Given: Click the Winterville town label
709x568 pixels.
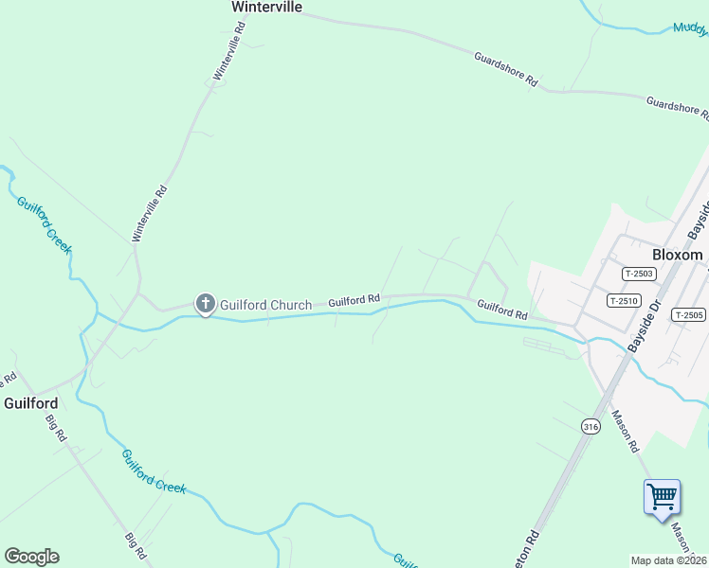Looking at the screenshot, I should tap(266, 7).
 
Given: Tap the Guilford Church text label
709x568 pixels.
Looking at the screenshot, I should tap(265, 305).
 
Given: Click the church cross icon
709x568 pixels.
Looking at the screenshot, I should tap(205, 304).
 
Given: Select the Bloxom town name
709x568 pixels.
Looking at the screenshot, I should tap(678, 255).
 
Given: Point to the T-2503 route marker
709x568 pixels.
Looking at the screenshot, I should tap(639, 274).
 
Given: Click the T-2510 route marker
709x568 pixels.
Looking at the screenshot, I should tap(624, 301).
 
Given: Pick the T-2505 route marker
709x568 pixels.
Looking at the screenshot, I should tap(688, 314).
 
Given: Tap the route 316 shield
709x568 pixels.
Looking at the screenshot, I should tap(591, 427).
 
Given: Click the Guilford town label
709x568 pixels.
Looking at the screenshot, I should tap(30, 402).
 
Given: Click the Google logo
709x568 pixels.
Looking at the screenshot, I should tap(31, 557).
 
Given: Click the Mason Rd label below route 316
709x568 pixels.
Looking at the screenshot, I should tap(626, 430).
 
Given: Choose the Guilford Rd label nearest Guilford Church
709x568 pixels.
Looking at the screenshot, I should tap(354, 300).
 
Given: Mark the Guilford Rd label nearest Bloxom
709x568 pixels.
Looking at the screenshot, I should tap(501, 309).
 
